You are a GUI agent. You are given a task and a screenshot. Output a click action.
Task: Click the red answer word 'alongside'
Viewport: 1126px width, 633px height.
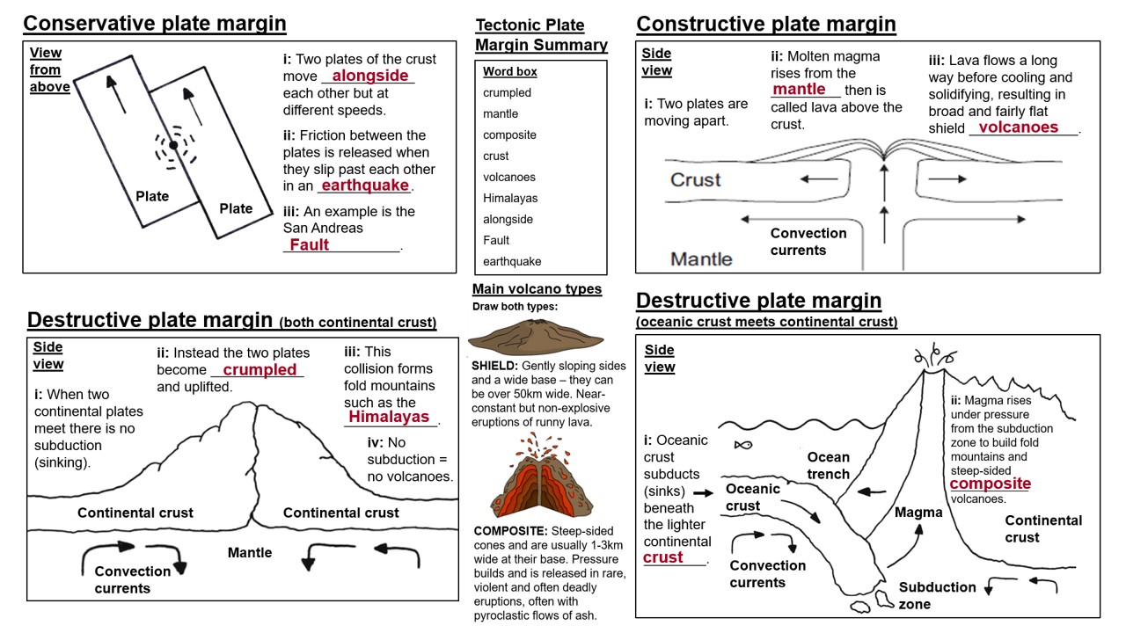coord(370,76)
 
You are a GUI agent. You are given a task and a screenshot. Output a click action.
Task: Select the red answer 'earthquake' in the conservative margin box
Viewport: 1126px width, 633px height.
coord(365,186)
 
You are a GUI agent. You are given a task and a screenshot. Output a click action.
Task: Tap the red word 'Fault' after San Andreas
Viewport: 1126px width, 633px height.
coord(310,245)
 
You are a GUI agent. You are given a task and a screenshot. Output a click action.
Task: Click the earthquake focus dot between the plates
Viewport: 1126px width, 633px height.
coord(174,145)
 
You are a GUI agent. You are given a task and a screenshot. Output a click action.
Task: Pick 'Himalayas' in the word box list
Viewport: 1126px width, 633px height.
coord(510,198)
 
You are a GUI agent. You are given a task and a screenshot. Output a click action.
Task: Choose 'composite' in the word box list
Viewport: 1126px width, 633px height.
coord(509,135)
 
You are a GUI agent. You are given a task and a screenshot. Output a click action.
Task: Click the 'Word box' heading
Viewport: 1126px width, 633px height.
coord(510,71)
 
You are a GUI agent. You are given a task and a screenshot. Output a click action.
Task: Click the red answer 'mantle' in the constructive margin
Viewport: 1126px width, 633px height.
coord(799,89)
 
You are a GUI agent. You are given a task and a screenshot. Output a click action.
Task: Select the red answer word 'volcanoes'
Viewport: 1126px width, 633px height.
coord(1019,127)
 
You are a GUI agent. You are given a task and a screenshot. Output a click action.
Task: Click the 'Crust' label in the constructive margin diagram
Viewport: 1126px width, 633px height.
coord(695,179)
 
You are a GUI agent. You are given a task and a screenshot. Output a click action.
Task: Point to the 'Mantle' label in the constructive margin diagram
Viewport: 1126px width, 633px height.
coord(701,258)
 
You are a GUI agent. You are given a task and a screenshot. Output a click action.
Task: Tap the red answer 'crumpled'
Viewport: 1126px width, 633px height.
coord(260,370)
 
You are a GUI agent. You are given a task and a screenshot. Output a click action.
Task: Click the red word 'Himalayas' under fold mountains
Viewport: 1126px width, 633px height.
coord(389,417)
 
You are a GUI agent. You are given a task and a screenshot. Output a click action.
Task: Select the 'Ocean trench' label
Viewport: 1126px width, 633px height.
coord(829,466)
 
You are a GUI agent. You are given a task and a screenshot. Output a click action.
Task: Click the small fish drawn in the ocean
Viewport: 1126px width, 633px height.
coord(743,444)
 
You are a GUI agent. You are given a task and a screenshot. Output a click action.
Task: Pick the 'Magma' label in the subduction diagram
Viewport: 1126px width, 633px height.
coord(918,513)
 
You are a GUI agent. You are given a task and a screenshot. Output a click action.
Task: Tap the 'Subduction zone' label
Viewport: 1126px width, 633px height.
coord(936,595)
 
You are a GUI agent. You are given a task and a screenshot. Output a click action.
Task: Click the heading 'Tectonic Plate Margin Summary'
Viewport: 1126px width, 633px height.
coord(541,35)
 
